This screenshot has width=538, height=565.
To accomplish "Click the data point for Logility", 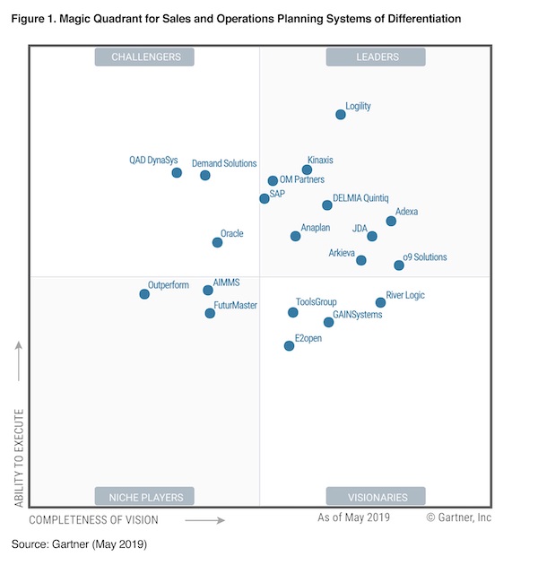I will click(x=341, y=115).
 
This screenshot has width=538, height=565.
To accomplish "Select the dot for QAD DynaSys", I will click(x=177, y=172).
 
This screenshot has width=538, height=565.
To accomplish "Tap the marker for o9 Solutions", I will click(x=399, y=265).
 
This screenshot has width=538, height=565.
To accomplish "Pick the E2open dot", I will click(x=289, y=345).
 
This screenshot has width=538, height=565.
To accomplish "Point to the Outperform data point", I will click(x=144, y=293).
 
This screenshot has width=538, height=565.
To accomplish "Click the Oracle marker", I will click(x=217, y=242).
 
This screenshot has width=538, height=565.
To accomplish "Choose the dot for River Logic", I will click(x=380, y=302).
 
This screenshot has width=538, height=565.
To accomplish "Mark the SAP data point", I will click(x=265, y=198).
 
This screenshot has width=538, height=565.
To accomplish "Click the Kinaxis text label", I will click(x=320, y=161).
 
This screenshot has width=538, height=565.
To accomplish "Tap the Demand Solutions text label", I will click(x=224, y=164).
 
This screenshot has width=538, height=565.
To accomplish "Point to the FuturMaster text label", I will click(x=236, y=306).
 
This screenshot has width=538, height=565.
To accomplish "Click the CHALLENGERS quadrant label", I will click(x=146, y=57).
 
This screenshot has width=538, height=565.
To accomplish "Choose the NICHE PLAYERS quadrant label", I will click(x=146, y=497).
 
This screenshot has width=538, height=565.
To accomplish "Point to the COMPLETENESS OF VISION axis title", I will click(x=93, y=520).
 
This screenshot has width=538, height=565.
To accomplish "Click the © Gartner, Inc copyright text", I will click(x=458, y=517).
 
